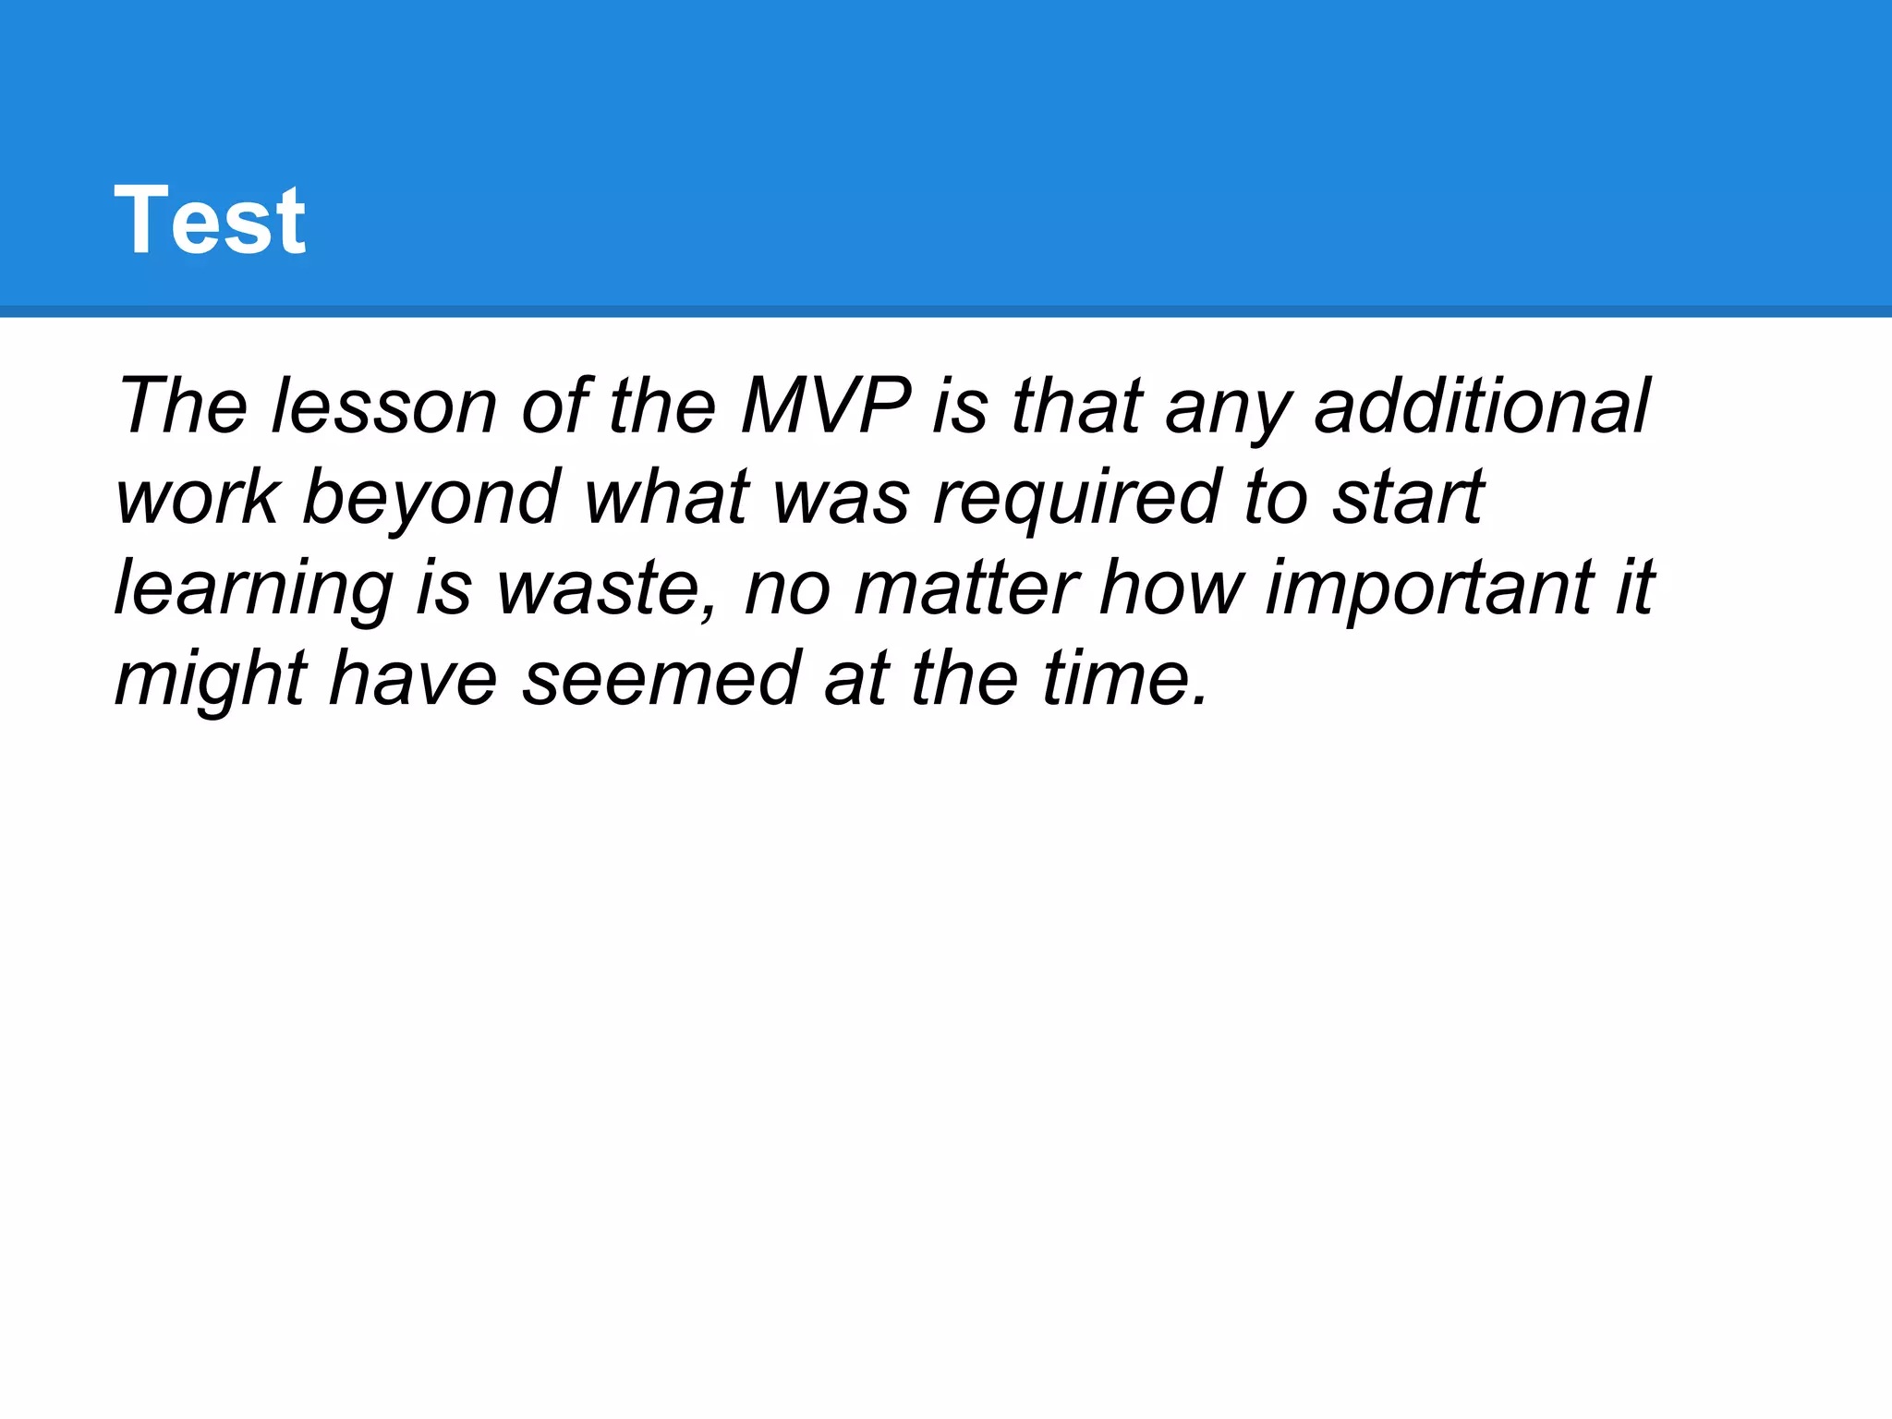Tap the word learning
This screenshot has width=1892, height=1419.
pyautogui.click(x=254, y=588)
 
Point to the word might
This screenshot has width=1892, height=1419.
pyautogui.click(x=211, y=679)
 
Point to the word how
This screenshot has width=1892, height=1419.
pyautogui.click(x=1171, y=588)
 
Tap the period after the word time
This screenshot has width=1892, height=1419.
pyautogui.click(x=1199, y=702)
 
